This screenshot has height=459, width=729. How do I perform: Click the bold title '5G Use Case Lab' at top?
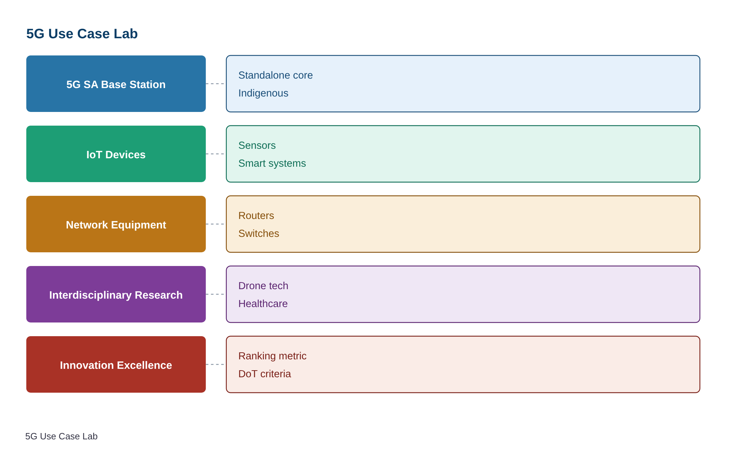coord(82,34)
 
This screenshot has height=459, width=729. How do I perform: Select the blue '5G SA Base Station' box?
coord(116,84)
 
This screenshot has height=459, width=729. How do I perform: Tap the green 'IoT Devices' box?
coord(116,154)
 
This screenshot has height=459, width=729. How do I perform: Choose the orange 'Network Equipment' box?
coord(116,224)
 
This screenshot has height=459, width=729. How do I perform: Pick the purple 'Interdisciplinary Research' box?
coord(116,294)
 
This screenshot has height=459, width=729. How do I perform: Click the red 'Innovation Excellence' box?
coord(116,364)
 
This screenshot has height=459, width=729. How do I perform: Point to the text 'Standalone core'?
coord(275,75)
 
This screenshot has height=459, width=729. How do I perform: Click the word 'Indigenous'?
coord(263,93)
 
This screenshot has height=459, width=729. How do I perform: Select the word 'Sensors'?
coord(257,145)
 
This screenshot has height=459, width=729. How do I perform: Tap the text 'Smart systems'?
coord(272,164)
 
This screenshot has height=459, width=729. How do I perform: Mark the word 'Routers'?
coord(256,215)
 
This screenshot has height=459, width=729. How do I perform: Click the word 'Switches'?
coord(259,233)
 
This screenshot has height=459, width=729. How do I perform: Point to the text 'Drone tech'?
coord(263,286)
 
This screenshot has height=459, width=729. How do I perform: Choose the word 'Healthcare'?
coord(263,304)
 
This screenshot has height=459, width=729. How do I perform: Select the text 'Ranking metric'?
coord(272,356)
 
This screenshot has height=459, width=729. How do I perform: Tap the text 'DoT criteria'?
coord(265,374)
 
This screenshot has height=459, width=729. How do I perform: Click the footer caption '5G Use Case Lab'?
coord(61,436)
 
